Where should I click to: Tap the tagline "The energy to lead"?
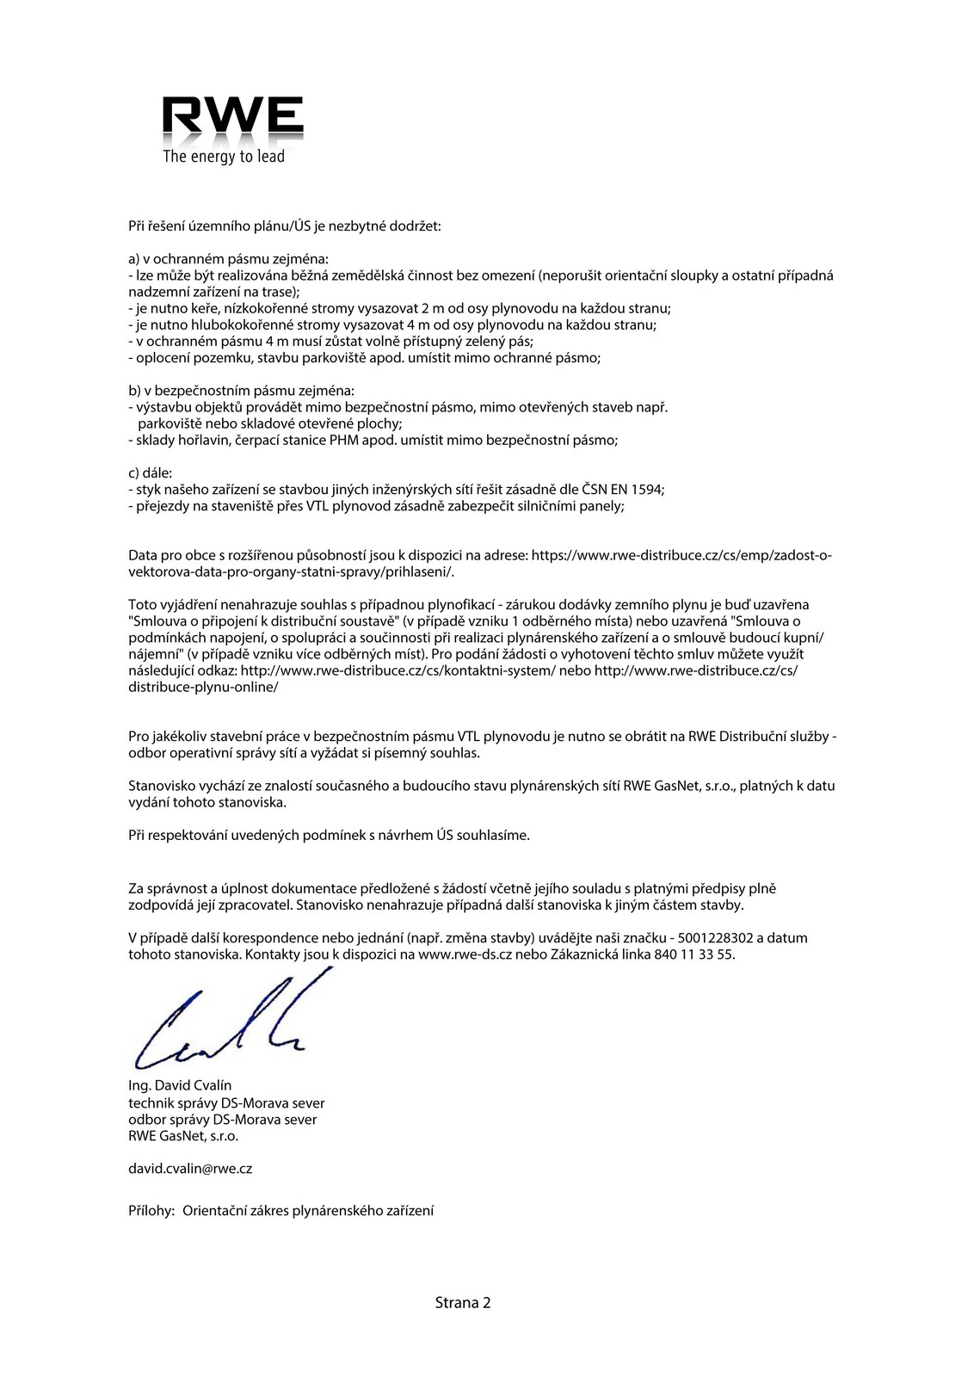coord(224,157)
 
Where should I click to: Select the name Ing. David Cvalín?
coord(180,1085)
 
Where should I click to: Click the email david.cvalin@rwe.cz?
coord(190,1169)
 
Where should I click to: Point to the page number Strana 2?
coord(463,1302)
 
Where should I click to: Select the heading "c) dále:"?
coord(150,472)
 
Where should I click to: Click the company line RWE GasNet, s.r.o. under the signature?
coord(183,1135)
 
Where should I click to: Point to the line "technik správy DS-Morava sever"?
coord(226,1102)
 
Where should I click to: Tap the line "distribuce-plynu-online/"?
coord(203,687)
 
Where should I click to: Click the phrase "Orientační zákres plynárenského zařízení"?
coord(309,1210)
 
